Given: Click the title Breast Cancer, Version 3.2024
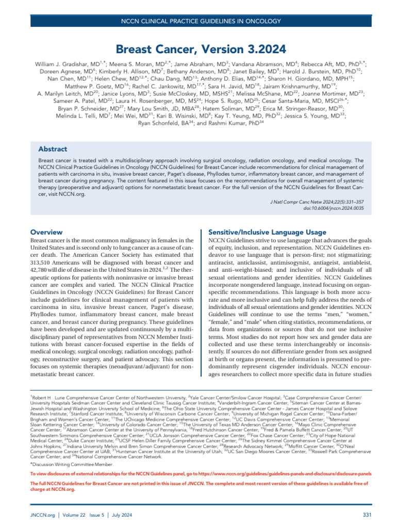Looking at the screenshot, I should coord(197,49).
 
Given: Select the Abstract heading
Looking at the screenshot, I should coord(53,149).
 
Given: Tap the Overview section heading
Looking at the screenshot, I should coord(47,233).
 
